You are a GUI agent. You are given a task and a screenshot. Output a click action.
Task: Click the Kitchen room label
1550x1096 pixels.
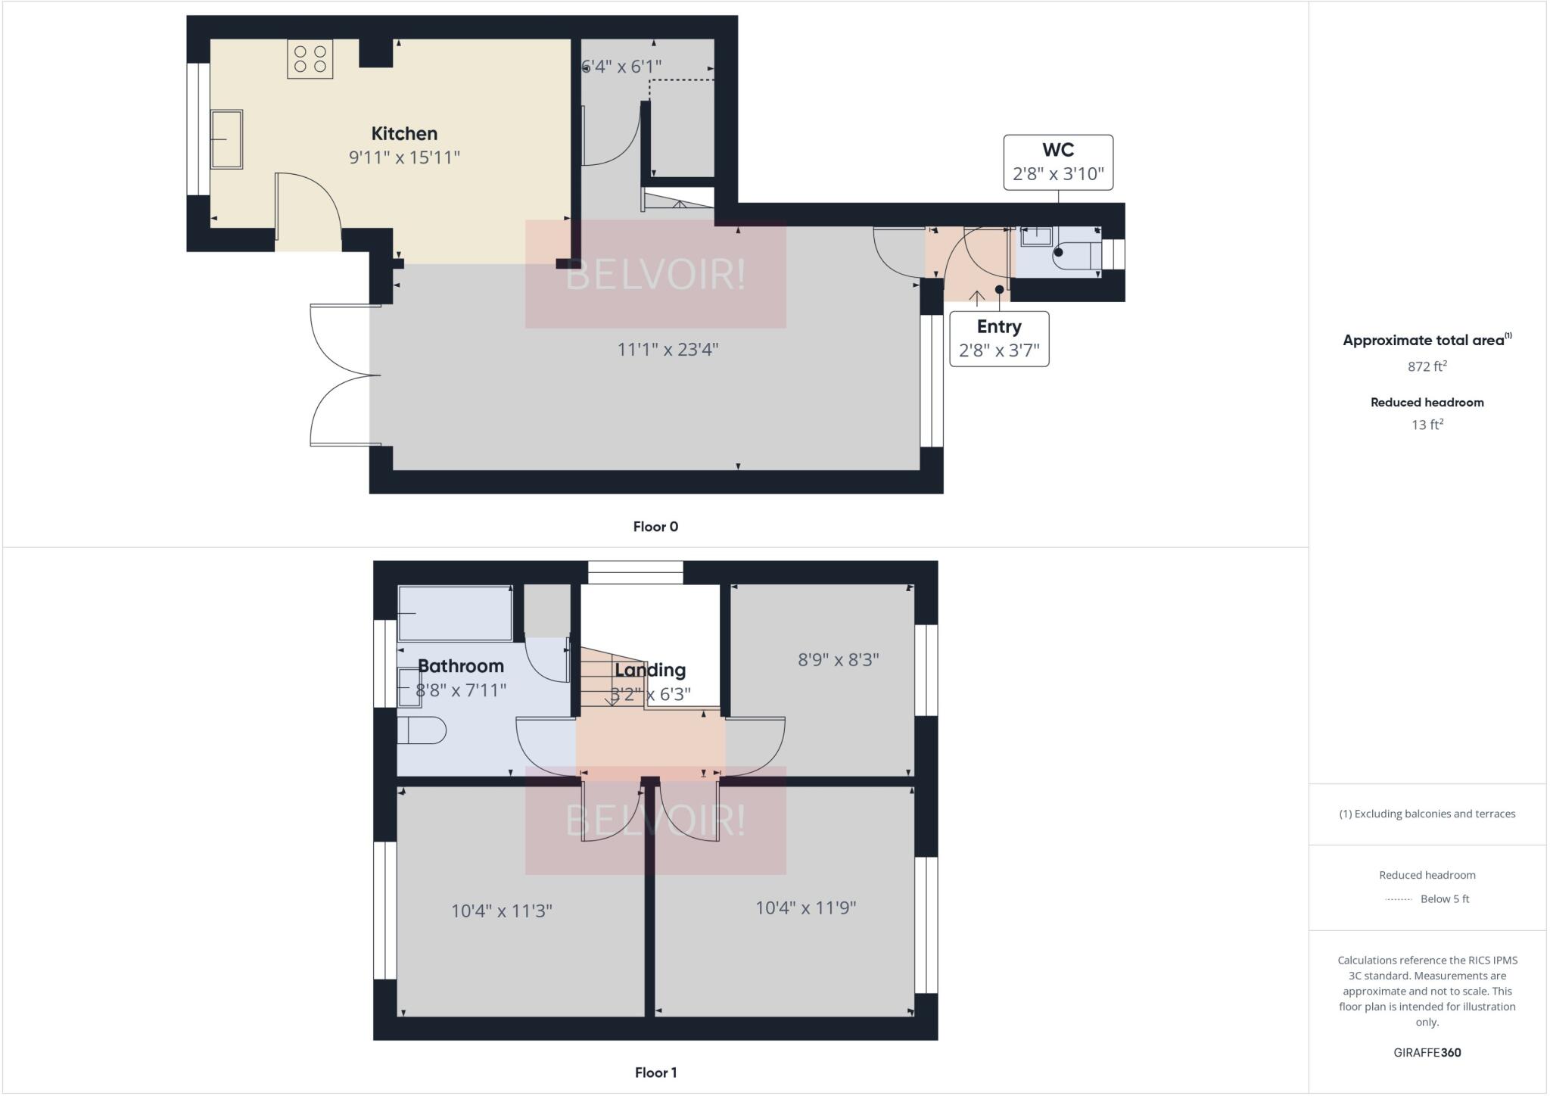coord(404,134)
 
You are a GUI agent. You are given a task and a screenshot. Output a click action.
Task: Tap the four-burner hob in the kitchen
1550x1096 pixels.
coord(310,59)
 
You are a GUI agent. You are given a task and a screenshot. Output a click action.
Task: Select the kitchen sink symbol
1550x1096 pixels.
coord(226,139)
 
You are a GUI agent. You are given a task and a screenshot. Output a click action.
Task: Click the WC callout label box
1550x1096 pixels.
coord(1058,162)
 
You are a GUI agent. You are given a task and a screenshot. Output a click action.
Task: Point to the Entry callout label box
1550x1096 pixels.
coord(999,338)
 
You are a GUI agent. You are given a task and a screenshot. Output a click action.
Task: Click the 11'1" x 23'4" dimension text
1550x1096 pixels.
coord(668,350)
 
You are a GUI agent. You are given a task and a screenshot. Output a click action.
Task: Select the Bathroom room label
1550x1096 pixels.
coord(460,666)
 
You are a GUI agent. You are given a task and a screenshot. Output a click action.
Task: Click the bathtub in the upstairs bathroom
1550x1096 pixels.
coord(456,612)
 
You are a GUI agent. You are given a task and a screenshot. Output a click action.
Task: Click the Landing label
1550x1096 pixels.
coord(650,670)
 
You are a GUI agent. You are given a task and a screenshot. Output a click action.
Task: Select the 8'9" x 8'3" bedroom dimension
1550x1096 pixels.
coord(838,660)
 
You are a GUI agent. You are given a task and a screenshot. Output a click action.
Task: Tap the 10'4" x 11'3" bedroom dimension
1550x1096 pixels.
coord(502,911)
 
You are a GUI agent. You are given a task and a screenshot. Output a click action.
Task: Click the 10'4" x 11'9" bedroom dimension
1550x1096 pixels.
coord(805,908)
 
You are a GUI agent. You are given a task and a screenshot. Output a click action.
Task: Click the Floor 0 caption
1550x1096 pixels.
coord(655,527)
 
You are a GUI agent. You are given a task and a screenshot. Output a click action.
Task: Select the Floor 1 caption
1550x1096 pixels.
coord(655,1073)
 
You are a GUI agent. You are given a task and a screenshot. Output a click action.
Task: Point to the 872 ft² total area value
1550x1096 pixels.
coord(1427,366)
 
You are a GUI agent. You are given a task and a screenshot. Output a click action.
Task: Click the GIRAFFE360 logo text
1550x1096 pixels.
coord(1427,1052)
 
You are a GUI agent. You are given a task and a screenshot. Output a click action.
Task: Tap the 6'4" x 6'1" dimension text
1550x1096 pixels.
coord(622,67)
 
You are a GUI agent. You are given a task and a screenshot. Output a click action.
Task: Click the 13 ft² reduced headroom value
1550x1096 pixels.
coord(1427,425)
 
